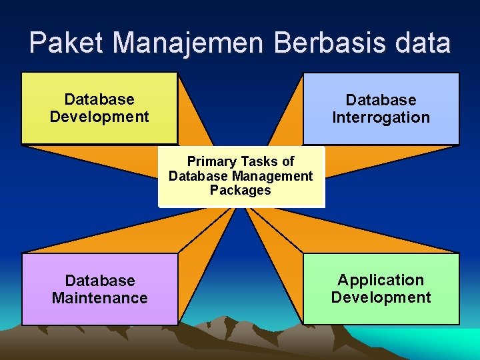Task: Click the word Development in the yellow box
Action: click(99, 117)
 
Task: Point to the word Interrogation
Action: click(381, 118)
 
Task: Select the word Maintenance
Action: click(99, 298)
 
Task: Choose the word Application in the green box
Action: click(381, 280)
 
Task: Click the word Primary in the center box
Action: click(211, 161)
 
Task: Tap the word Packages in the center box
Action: click(241, 190)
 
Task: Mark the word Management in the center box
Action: click(271, 176)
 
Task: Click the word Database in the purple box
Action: click(99, 281)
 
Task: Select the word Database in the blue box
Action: click(381, 100)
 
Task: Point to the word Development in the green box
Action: click(381, 297)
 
